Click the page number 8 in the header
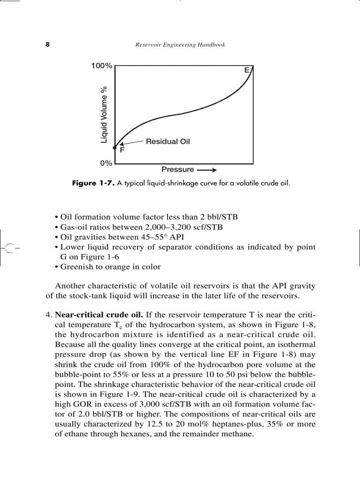pyautogui.click(x=47, y=45)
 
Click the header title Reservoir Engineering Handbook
pyautogui.click(x=180, y=45)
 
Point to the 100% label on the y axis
pyautogui.click(x=101, y=66)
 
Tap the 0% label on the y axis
pyautogui.click(x=106, y=163)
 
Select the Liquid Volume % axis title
pyautogui.click(x=104, y=114)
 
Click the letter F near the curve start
pyautogui.click(x=122, y=150)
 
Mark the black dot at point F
pyautogui.click(x=114, y=148)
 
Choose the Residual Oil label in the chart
pyautogui.click(x=168, y=141)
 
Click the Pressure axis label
pyautogui.click(x=177, y=169)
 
